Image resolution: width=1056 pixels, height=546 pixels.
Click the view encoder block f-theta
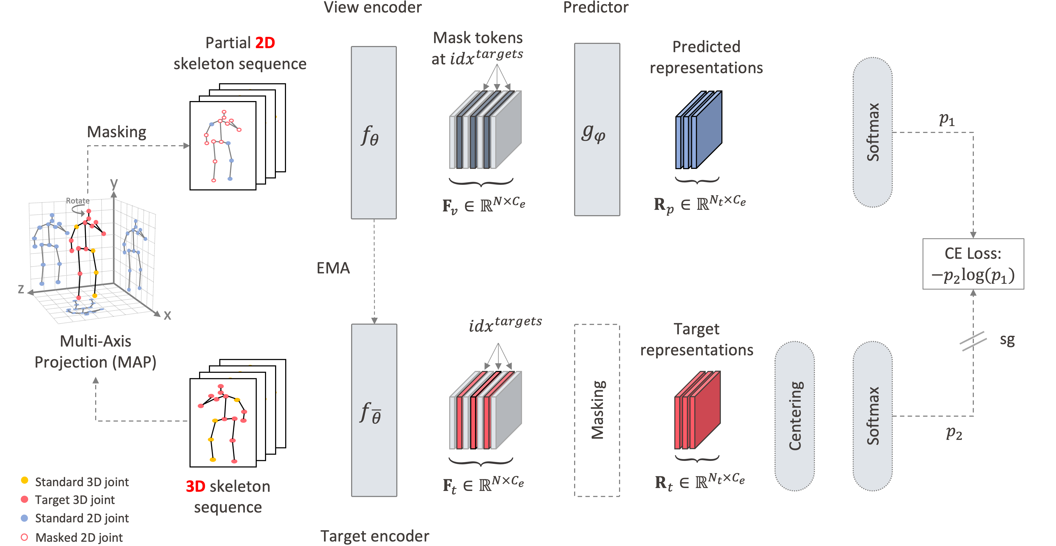pyautogui.click(x=373, y=132)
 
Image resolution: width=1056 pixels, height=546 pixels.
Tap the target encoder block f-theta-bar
pyautogui.click(x=374, y=410)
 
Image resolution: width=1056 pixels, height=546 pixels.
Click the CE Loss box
pyautogui.click(x=973, y=264)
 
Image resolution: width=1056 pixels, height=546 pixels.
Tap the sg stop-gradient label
pyautogui.click(x=1007, y=340)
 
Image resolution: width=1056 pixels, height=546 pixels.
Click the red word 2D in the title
pyautogui.click(x=265, y=43)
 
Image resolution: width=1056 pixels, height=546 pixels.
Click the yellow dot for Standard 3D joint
pyautogui.click(x=25, y=480)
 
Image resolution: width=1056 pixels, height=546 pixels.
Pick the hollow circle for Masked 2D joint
pyautogui.click(x=25, y=537)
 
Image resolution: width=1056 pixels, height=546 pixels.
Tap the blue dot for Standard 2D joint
pyautogui.click(x=25, y=518)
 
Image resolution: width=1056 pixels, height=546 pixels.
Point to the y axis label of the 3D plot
pyautogui.click(x=114, y=183)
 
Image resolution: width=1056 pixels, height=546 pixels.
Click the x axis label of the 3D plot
pyautogui.click(x=167, y=315)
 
